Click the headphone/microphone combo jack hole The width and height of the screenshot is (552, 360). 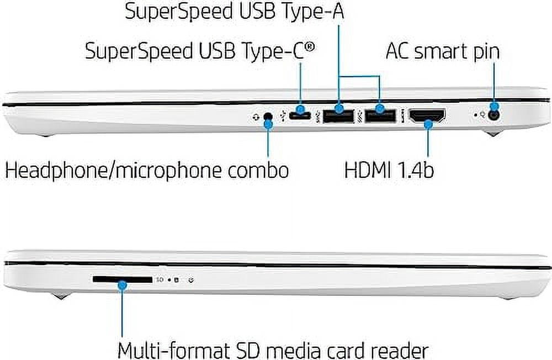click(269, 117)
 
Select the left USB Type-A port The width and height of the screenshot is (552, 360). click(338, 117)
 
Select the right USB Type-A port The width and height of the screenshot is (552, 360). click(380, 117)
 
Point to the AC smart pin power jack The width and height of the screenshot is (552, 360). click(494, 115)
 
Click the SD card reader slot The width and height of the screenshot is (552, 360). click(123, 279)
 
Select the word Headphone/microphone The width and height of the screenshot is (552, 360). click(113, 171)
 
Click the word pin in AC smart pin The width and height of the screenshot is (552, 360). click(486, 52)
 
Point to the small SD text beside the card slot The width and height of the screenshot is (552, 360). click(160, 280)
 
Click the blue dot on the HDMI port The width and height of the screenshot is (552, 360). click(428, 124)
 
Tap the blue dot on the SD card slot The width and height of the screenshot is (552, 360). click(122, 284)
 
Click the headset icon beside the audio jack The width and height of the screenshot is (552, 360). click(256, 117)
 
